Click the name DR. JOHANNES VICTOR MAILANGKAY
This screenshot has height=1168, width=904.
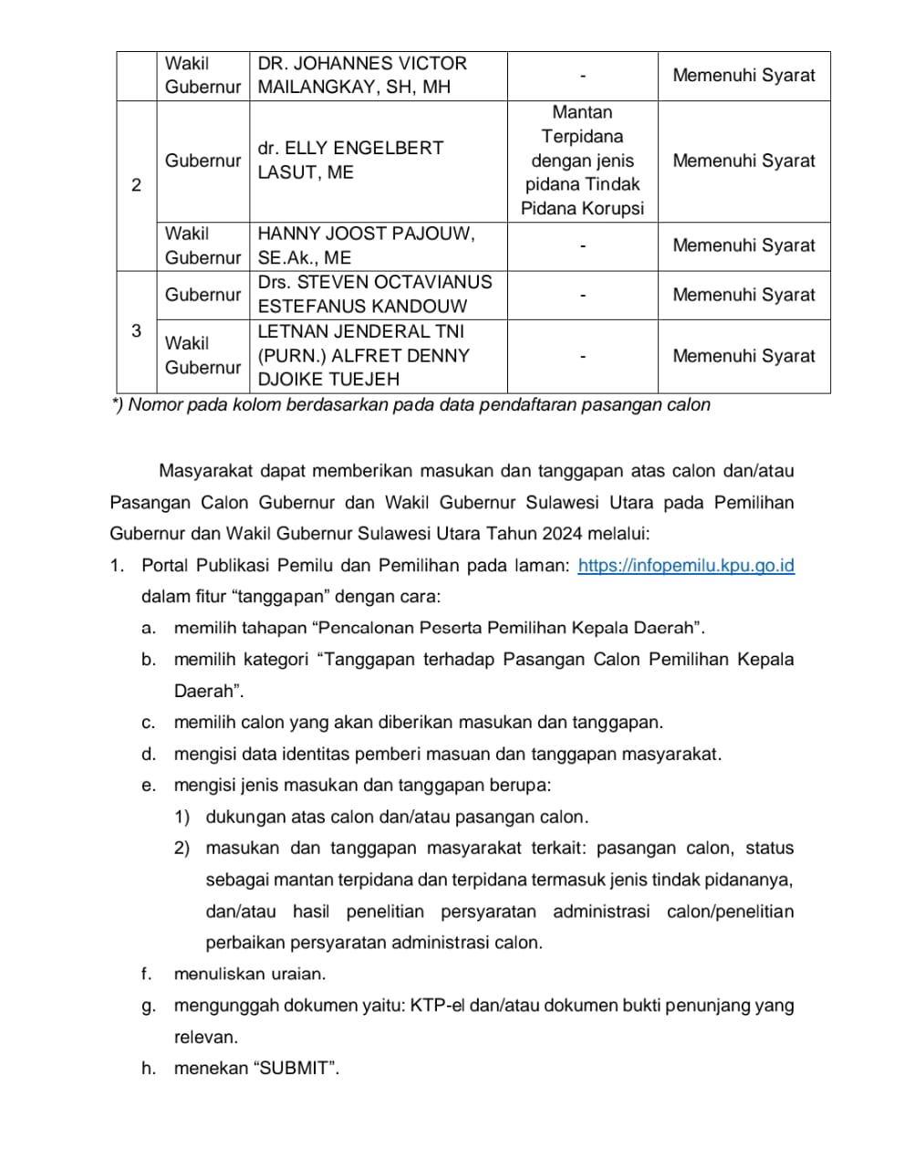pos(362,76)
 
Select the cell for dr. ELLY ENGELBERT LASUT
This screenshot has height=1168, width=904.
pos(350,161)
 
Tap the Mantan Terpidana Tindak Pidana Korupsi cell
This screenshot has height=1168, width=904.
pos(582,161)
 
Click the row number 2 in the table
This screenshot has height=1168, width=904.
pos(137,185)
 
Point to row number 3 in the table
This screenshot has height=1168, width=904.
pos(137,331)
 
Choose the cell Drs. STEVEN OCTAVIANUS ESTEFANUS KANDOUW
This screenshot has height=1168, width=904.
pos(374,295)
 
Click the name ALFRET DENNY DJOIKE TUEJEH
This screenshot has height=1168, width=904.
pos(363,356)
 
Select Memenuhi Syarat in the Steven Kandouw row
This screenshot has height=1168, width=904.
pos(743,295)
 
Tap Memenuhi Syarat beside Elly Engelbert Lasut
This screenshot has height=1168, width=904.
pos(743,161)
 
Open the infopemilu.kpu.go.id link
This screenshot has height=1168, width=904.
pos(686,566)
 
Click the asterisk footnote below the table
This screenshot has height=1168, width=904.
pos(410,405)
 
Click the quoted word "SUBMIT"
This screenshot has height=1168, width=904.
pos(297,1069)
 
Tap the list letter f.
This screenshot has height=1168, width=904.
pos(146,975)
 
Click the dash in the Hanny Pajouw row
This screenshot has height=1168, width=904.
pos(582,245)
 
